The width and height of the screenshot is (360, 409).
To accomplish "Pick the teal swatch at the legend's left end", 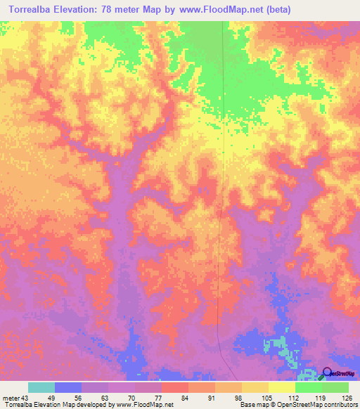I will pyautogui.click(x=41, y=387).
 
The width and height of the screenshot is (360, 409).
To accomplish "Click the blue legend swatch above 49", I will pyautogui.click(x=68, y=387).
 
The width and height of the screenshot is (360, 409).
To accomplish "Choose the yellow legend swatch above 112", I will pyautogui.click(x=281, y=387).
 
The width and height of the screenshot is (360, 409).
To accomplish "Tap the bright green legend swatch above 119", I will pyautogui.click(x=308, y=387).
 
